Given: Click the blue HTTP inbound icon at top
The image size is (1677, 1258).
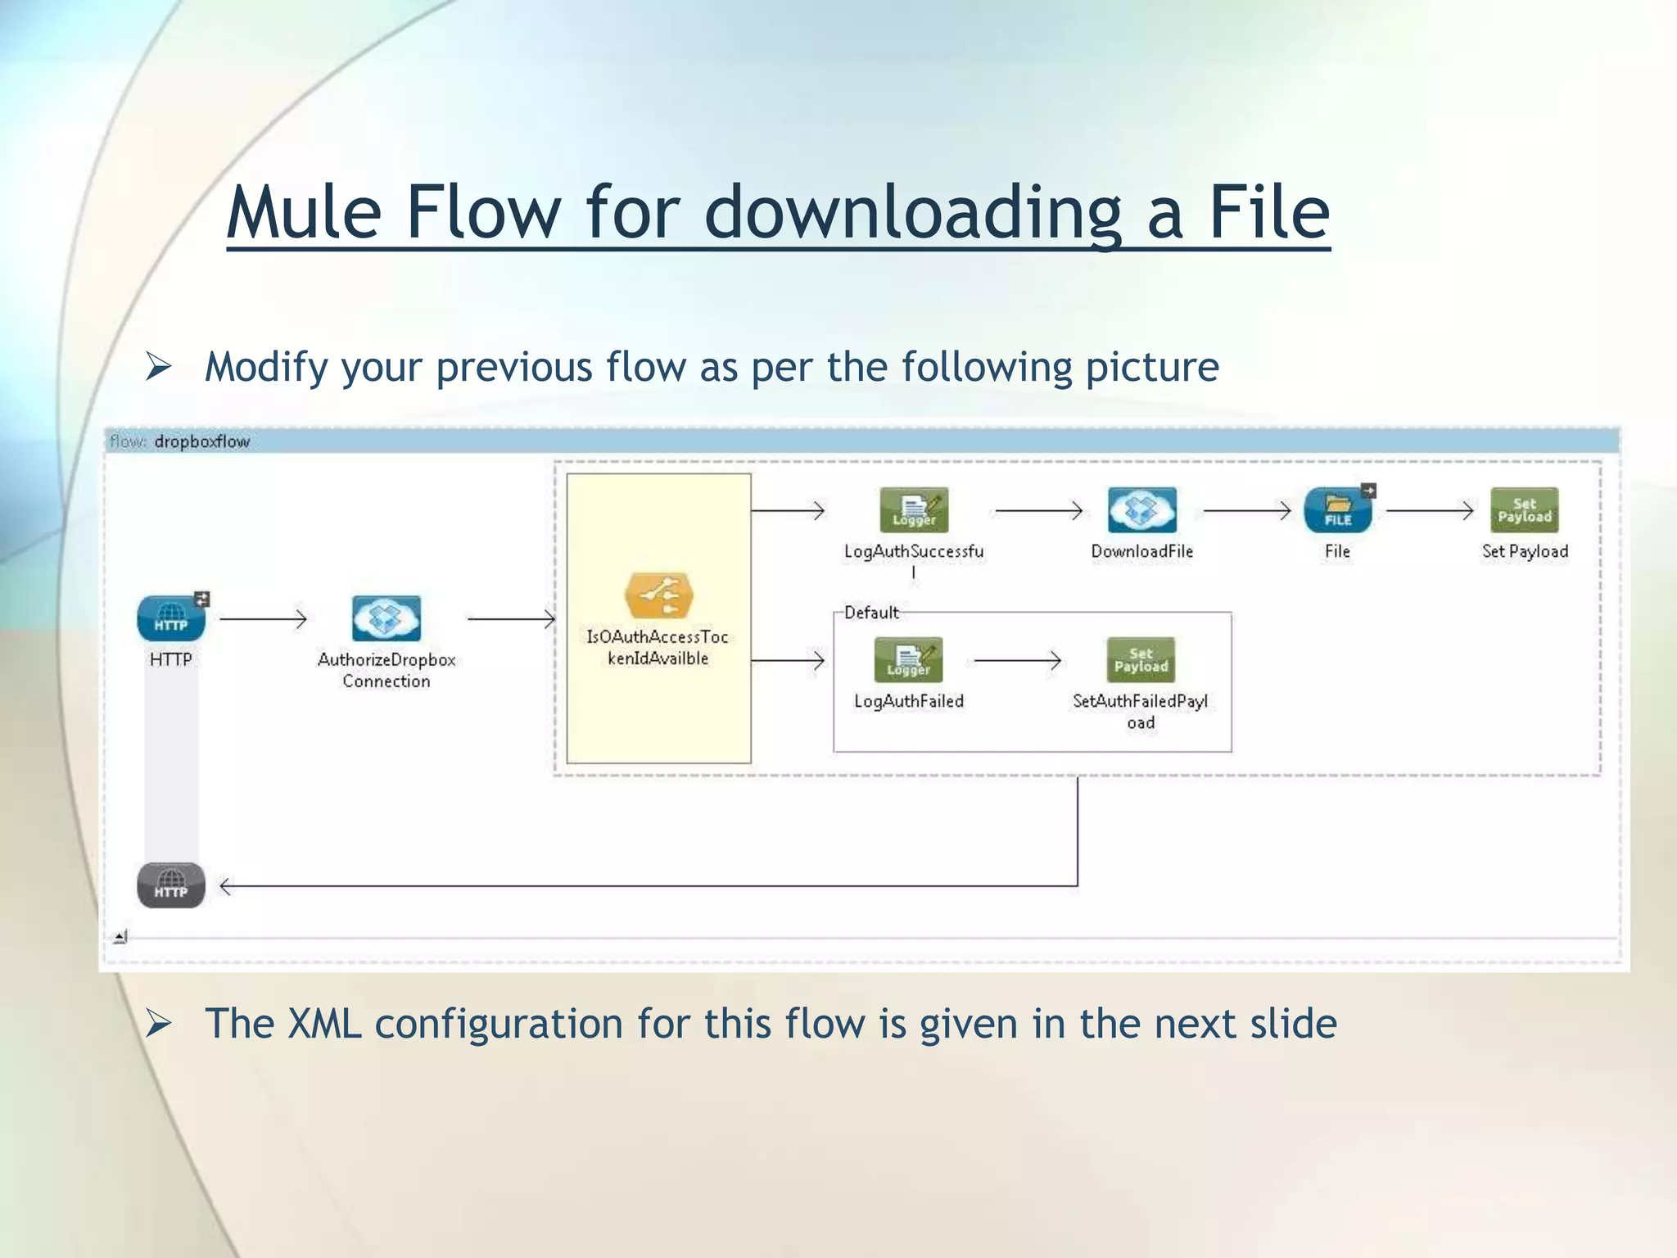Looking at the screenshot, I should point(170,618).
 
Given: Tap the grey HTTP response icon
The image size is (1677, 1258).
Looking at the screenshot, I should point(170,885).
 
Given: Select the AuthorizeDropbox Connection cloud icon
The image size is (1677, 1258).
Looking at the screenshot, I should point(386,618).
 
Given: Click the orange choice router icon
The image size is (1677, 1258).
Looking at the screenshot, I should point(658,595).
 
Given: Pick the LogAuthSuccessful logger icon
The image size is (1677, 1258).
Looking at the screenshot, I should point(914,510).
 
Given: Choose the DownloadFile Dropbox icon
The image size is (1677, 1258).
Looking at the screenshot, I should point(1141,510).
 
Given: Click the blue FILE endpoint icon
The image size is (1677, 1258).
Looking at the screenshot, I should point(1337,510).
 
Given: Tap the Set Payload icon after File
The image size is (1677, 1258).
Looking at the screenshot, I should point(1524,510).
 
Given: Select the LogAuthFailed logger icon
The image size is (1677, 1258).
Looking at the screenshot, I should point(908,660).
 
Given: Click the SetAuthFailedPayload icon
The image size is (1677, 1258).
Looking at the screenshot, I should point(1141,660).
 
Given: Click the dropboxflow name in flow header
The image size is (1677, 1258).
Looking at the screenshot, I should point(201,441).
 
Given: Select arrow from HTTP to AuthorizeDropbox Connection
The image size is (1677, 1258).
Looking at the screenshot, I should point(263,618).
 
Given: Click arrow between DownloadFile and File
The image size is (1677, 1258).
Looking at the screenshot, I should point(1246,510).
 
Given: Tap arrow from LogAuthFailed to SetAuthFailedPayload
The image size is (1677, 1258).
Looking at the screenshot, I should point(1017,660).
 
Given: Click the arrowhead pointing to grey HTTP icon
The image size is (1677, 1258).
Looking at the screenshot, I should point(226,885).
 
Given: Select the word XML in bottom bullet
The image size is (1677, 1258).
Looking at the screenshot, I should point(324,1024).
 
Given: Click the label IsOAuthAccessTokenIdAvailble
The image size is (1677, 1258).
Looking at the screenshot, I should point(658,647).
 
